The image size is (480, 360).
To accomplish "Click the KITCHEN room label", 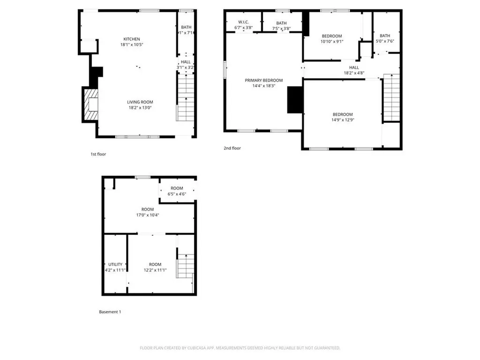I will tap(132, 39).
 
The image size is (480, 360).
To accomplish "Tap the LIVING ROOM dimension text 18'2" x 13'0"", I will tap(140, 108).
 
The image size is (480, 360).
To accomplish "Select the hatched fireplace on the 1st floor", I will tap(91, 106).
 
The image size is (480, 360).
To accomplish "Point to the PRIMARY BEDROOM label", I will tap(264, 80).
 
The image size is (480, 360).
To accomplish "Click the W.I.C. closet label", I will tap(243, 22).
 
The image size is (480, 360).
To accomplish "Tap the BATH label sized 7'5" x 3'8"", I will tap(281, 23).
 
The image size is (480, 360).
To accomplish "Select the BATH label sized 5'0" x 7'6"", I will tap(385, 36).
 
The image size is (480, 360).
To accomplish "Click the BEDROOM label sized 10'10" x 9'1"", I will tap(331, 36).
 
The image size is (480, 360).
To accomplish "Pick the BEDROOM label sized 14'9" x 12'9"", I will tap(343, 114).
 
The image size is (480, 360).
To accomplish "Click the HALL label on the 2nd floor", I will tap(354, 67).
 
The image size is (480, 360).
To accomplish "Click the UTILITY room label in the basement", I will tap(115, 264).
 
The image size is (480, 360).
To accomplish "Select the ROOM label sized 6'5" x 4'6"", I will tap(177, 188).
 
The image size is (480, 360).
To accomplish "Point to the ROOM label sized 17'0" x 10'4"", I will tap(148, 209).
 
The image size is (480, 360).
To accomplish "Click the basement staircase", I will tap(185, 266).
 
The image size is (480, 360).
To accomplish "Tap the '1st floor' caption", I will tap(98, 154).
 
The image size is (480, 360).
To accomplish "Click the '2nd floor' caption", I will tap(232, 148).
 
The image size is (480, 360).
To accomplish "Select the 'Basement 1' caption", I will tap(110, 312).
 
